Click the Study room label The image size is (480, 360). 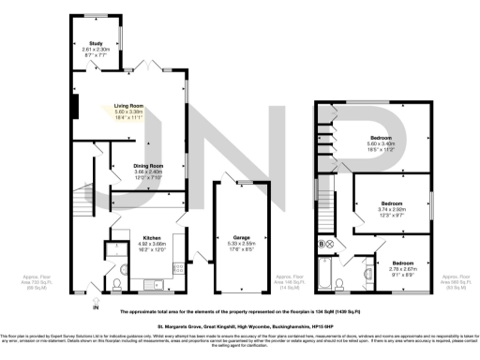96,44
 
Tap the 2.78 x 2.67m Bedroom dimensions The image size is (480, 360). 402,267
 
